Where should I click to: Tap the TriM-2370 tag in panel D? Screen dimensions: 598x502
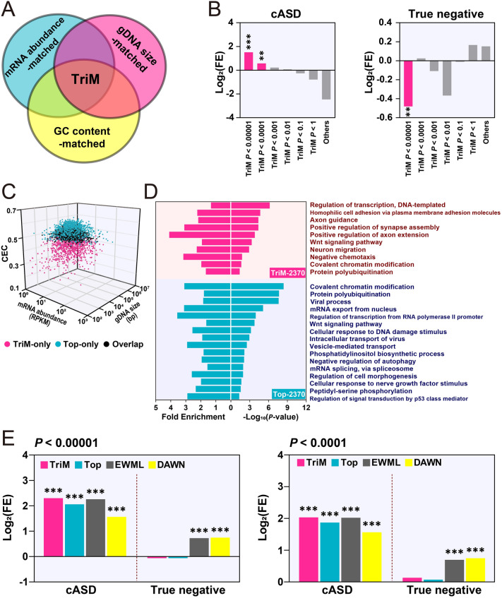282,273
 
